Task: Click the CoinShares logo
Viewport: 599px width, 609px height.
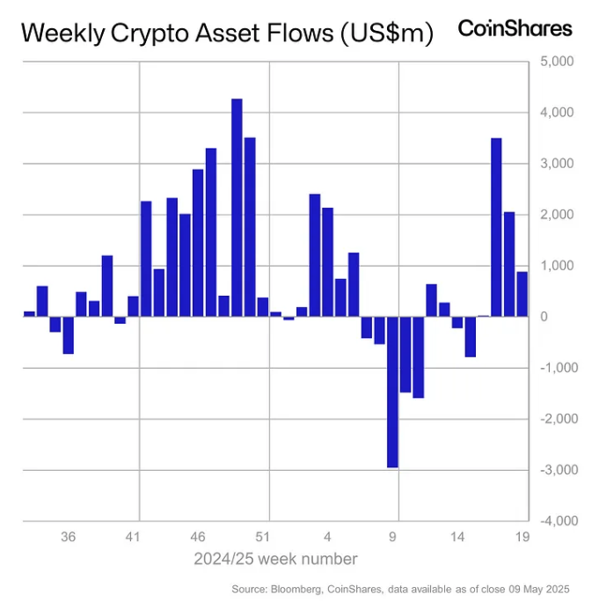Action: [515, 28]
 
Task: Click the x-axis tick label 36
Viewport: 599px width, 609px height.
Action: [69, 536]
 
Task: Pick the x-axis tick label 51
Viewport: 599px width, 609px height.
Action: [263, 536]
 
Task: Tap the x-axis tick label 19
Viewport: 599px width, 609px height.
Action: [522, 536]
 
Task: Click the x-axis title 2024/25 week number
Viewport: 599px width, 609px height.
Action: [275, 559]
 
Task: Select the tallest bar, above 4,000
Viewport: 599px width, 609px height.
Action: [237, 207]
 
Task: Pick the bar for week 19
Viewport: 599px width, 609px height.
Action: [522, 294]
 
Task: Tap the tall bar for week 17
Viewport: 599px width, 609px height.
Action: [496, 227]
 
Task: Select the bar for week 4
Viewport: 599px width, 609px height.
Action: [327, 261]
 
